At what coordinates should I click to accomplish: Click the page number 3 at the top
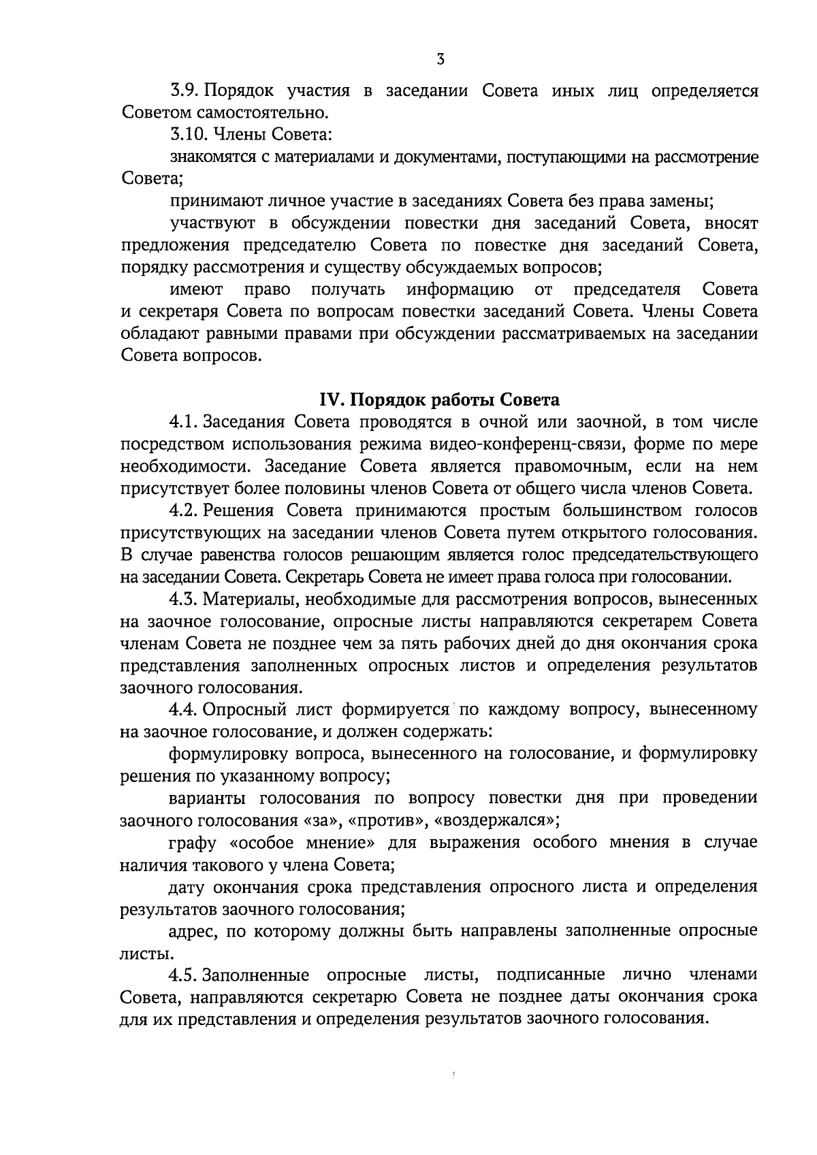click(440, 60)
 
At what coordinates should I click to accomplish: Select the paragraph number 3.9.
click(184, 91)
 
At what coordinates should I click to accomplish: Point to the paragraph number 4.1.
click(184, 422)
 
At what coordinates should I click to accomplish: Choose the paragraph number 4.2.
click(184, 510)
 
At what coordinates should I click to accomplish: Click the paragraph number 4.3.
click(184, 599)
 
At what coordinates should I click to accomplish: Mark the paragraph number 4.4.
click(184, 710)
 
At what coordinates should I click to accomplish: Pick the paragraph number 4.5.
click(184, 975)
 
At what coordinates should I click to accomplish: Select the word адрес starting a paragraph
click(190, 931)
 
